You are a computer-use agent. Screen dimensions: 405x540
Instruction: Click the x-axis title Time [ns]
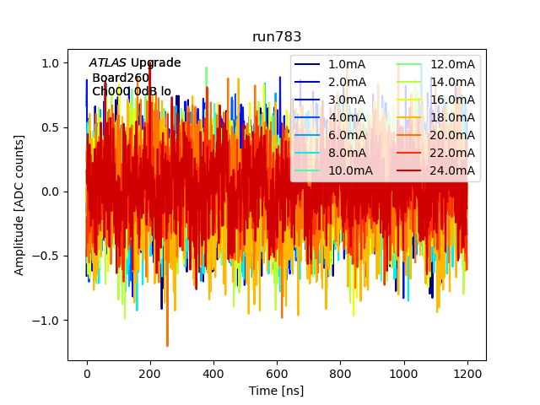click(x=276, y=391)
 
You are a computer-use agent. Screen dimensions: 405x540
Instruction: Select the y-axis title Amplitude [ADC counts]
click(x=19, y=205)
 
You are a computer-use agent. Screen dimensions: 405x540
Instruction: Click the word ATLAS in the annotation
click(x=107, y=63)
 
